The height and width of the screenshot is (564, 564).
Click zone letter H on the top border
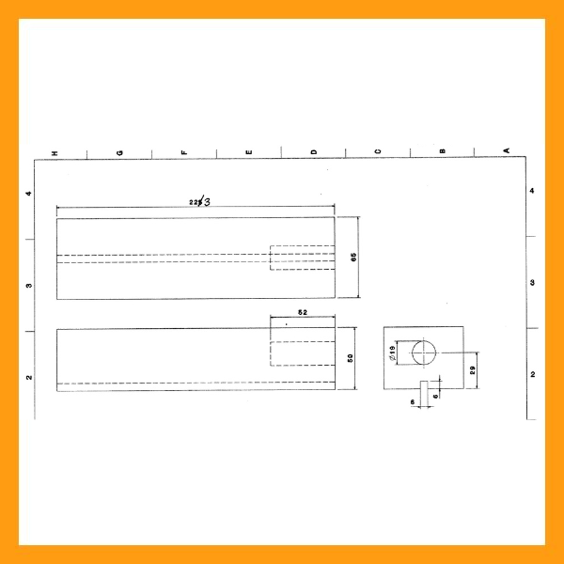tap(55, 152)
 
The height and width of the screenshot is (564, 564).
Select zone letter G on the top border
tap(119, 152)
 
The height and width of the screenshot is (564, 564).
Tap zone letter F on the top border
tap(184, 152)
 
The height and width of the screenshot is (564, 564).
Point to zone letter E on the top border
tap(249, 152)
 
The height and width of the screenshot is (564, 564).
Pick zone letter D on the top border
tap(314, 152)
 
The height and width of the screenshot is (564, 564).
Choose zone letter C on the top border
tap(378, 152)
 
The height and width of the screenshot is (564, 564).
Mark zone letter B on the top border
tap(442, 152)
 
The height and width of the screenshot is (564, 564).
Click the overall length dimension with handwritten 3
tap(199, 201)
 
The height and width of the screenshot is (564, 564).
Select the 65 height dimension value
tap(353, 258)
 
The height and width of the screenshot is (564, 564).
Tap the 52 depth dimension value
tap(302, 312)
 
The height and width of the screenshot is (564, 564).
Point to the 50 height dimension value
tap(350, 358)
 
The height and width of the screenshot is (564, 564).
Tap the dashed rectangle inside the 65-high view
tap(302, 258)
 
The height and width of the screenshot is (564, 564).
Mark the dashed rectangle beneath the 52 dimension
tap(302, 353)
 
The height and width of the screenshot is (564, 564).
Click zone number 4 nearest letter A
tap(532, 191)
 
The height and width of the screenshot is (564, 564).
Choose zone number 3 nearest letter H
tap(29, 285)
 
